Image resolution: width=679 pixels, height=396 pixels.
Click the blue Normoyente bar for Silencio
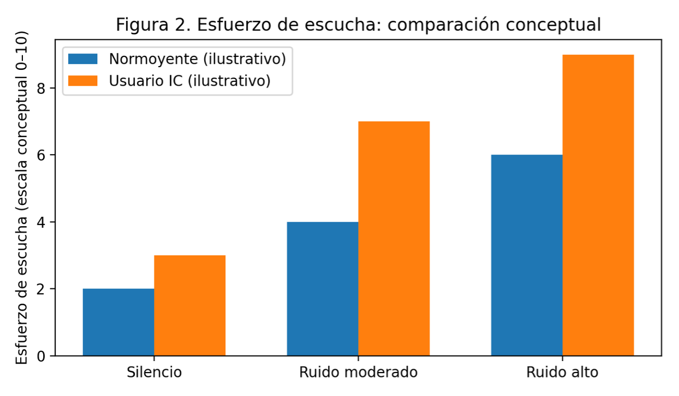[118, 322]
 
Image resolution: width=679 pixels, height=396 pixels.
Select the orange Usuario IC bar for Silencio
[189, 305]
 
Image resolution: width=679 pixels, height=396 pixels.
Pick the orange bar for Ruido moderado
[394, 238]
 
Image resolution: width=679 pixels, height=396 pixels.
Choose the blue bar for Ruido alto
[527, 255]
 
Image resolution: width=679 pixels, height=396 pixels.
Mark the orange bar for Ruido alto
[598, 205]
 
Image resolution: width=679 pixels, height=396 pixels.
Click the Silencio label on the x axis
[154, 373]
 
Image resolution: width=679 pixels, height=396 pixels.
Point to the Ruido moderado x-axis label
[358, 373]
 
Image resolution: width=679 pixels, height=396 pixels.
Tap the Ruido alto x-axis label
[562, 373]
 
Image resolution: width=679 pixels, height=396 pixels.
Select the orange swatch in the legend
[82, 80]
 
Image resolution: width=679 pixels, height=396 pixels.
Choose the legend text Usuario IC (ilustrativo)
[189, 80]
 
